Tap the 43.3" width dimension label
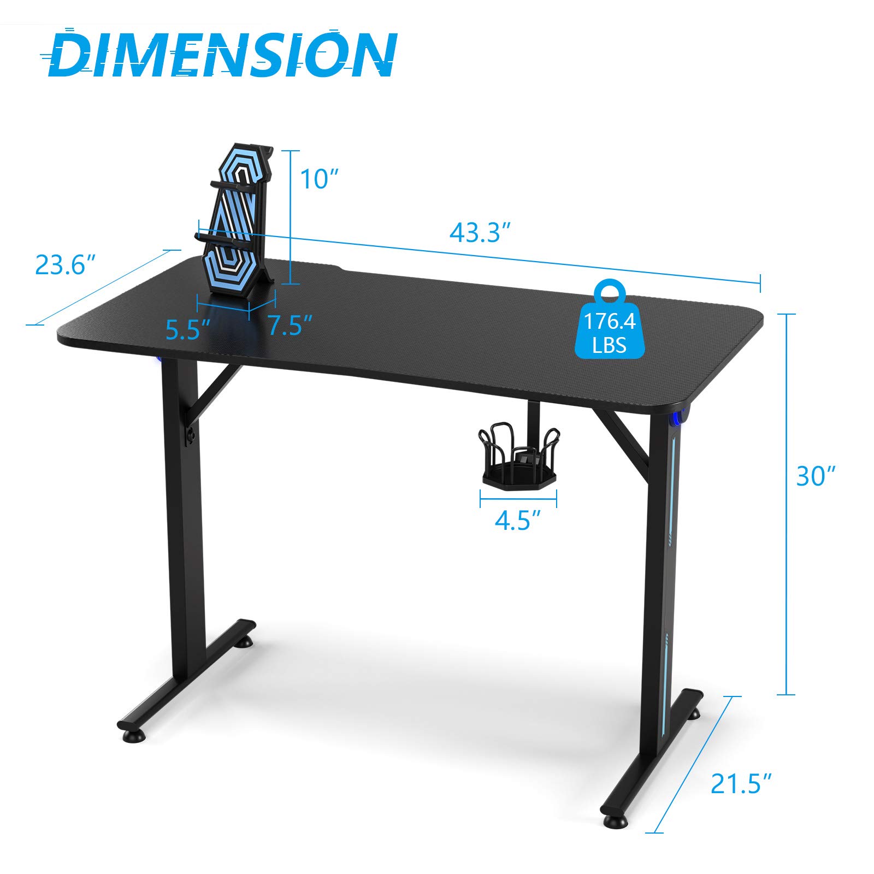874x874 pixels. coord(480,233)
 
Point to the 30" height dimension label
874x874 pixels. coord(816,476)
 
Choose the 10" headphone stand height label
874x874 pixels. coord(320,179)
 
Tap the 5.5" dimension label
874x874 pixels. coord(188,329)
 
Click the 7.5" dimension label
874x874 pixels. coord(290,326)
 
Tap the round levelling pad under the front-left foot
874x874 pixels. coord(133,736)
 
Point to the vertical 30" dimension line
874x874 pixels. coord(786,503)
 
